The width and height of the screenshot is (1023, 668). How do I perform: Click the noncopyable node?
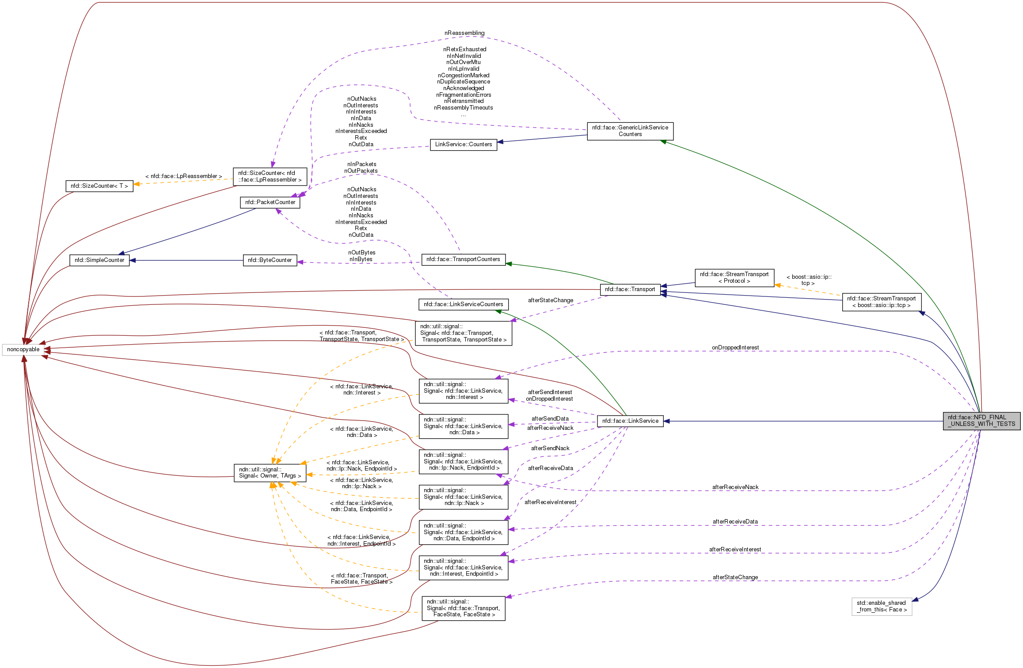[23, 349]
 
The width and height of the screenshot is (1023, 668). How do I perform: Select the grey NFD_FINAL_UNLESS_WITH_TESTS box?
[981, 421]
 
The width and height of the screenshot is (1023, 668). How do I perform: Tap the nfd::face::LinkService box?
[630, 421]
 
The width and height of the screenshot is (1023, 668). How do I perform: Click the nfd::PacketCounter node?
[270, 202]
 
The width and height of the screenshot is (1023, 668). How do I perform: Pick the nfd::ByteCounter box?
[270, 260]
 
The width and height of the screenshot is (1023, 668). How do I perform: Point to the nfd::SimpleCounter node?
[99, 260]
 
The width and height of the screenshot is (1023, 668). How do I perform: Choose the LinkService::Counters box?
[463, 144]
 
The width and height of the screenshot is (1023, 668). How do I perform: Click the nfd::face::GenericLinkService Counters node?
[630, 131]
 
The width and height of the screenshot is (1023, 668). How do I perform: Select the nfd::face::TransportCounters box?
[463, 259]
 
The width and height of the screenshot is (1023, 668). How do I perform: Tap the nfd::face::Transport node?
[630, 289]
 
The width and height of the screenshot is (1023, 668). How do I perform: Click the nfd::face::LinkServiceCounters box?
[463, 304]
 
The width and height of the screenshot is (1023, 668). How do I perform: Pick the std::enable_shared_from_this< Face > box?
[881, 606]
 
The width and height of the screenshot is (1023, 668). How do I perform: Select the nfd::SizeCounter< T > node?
[99, 186]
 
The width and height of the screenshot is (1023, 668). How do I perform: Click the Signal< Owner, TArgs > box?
[270, 473]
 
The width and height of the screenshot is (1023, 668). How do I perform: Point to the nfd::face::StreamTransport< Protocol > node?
[734, 277]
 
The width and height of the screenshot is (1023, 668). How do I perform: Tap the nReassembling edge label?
[464, 33]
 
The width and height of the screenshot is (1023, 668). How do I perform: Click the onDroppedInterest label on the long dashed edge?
[735, 348]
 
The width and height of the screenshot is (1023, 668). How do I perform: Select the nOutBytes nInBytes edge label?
[361, 256]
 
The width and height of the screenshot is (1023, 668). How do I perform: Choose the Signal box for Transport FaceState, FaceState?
[463, 608]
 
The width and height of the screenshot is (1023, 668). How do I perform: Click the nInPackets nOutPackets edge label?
[361, 167]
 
